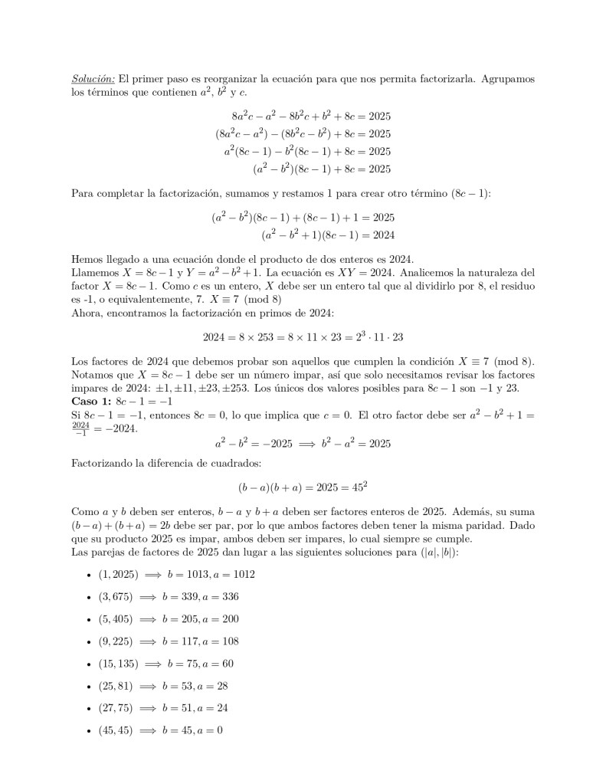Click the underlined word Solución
(93, 79)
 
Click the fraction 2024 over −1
(81, 428)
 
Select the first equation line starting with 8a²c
(311, 116)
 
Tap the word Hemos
(86, 259)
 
